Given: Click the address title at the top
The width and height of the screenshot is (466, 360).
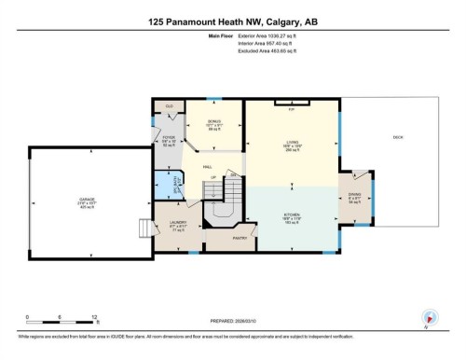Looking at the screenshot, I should coord(233,21).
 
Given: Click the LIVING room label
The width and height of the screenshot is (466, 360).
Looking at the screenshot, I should coord(291,145).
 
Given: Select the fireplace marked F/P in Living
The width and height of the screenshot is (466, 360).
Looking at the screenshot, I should coord(291,106).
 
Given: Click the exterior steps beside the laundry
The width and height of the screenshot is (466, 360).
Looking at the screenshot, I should coord(144,229).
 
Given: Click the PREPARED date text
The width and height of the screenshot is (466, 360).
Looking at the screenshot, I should coord(232,323).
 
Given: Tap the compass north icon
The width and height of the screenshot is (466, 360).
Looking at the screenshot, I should coord(429,317).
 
